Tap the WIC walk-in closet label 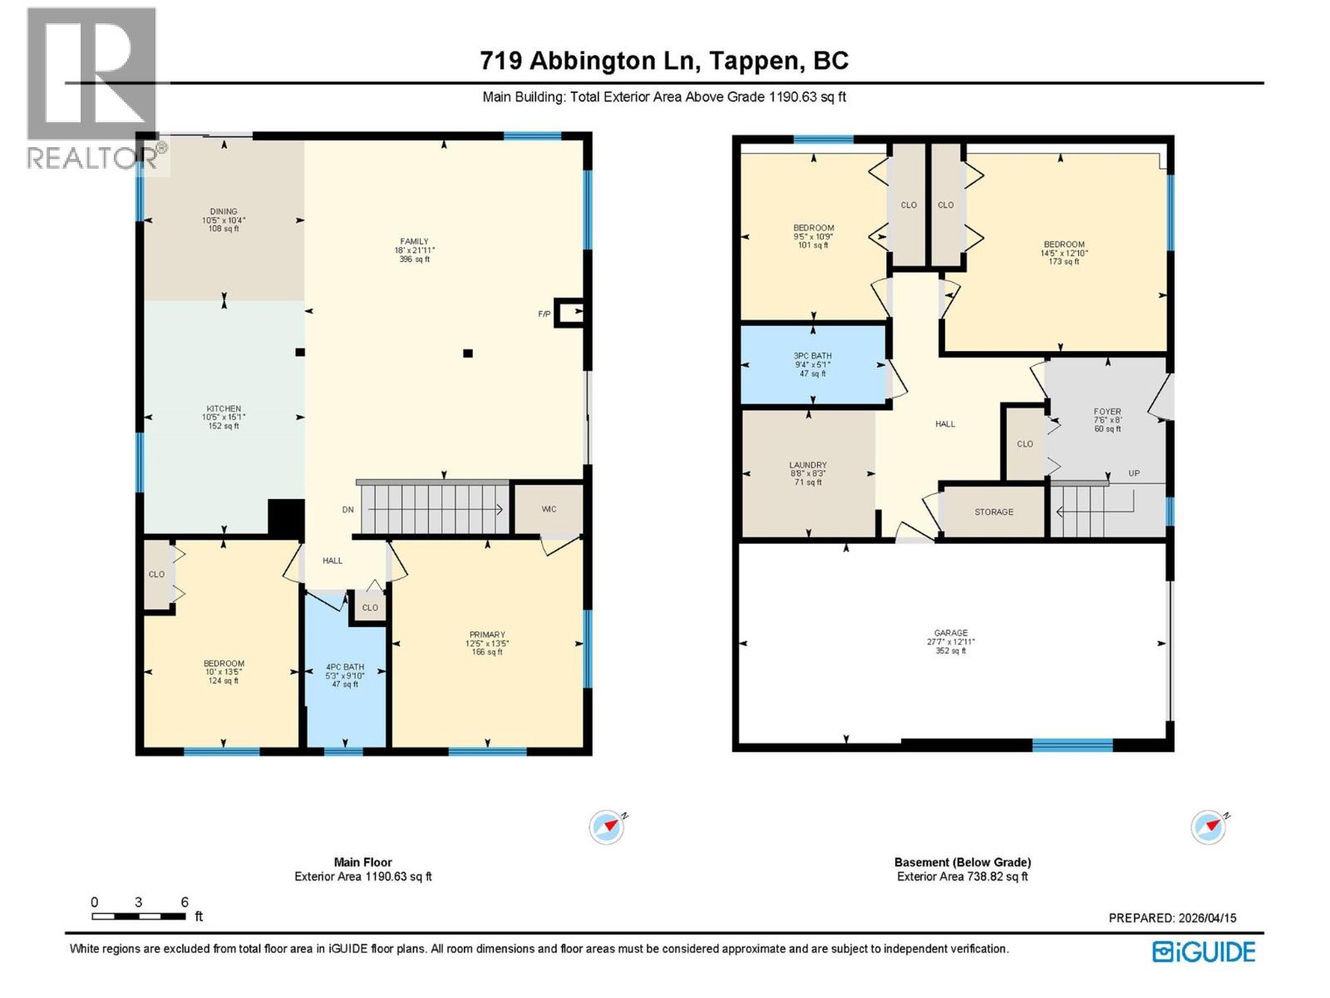(549, 509)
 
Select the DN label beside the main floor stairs (348, 510)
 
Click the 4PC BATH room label (345, 667)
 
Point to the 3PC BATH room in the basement (812, 364)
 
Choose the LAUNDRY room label (808, 465)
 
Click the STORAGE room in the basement (993, 512)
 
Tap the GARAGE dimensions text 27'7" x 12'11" (950, 642)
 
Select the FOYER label (1107, 412)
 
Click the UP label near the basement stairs (1134, 473)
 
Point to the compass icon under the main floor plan (607, 828)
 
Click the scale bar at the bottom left (139, 916)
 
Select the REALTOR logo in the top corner (91, 87)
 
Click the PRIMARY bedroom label (487, 635)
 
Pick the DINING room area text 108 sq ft (224, 229)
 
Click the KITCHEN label (224, 409)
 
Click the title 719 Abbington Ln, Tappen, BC (664, 61)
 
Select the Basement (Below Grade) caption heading (963, 862)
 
